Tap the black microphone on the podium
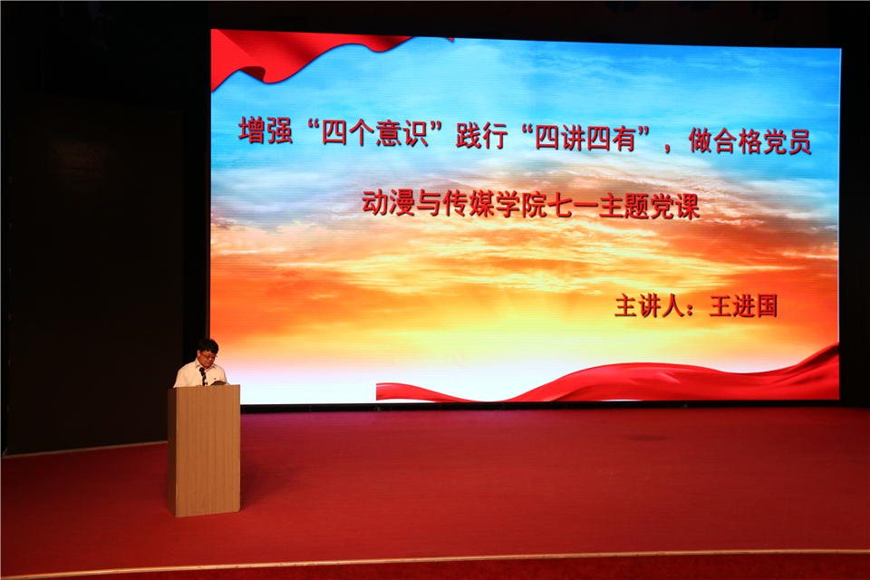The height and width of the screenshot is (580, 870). click(203, 374)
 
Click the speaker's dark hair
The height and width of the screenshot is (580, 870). click(208, 346)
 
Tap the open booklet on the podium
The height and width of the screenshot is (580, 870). click(218, 382)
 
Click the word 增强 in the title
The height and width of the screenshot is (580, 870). click(266, 131)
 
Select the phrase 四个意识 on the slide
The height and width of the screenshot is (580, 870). click(374, 133)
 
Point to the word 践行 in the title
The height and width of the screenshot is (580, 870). click(481, 135)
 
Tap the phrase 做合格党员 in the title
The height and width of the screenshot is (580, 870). click(750, 140)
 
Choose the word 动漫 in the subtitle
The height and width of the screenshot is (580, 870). click(389, 203)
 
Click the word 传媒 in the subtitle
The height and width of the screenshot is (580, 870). click(469, 204)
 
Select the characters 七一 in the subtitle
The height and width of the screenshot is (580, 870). click(573, 206)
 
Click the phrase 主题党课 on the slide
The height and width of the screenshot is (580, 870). click(649, 207)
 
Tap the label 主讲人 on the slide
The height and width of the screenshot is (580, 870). click(649, 305)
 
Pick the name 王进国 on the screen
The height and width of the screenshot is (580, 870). click(743, 306)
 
